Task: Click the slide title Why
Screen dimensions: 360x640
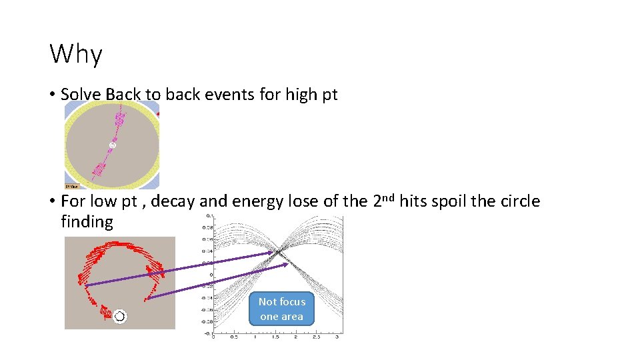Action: tap(76, 54)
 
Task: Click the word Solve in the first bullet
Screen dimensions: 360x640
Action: tap(81, 95)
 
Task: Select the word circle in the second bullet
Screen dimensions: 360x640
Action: tap(517, 201)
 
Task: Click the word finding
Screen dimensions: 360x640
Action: tap(87, 221)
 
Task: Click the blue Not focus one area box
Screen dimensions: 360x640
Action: tap(281, 309)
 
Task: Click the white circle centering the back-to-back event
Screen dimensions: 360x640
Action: tap(113, 145)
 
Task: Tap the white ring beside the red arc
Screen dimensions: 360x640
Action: tap(119, 316)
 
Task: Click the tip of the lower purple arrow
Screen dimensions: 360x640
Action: tap(288, 265)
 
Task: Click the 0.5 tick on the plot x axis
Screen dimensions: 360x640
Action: tap(234, 337)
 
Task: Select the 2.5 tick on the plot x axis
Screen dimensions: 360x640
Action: tap(316, 337)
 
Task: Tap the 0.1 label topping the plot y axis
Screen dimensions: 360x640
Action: tap(209, 216)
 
